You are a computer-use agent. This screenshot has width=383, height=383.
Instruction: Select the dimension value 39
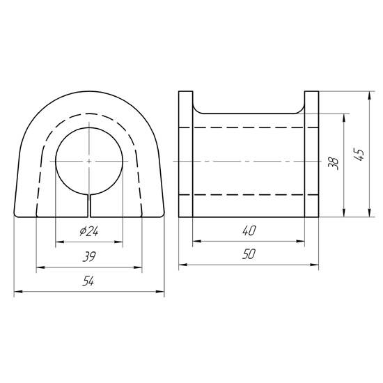click(x=89, y=257)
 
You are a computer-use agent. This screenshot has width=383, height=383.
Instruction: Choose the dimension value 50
click(x=249, y=256)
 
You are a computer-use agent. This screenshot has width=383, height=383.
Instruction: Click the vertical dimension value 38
click(x=334, y=164)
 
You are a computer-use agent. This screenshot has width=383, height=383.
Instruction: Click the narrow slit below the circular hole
click(x=89, y=206)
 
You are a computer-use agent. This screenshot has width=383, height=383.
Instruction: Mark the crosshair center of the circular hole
click(x=89, y=161)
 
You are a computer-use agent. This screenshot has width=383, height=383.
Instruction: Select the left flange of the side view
click(x=186, y=154)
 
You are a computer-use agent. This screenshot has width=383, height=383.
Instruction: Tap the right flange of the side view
click(x=311, y=154)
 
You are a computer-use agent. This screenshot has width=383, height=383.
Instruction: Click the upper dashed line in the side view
click(x=249, y=127)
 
